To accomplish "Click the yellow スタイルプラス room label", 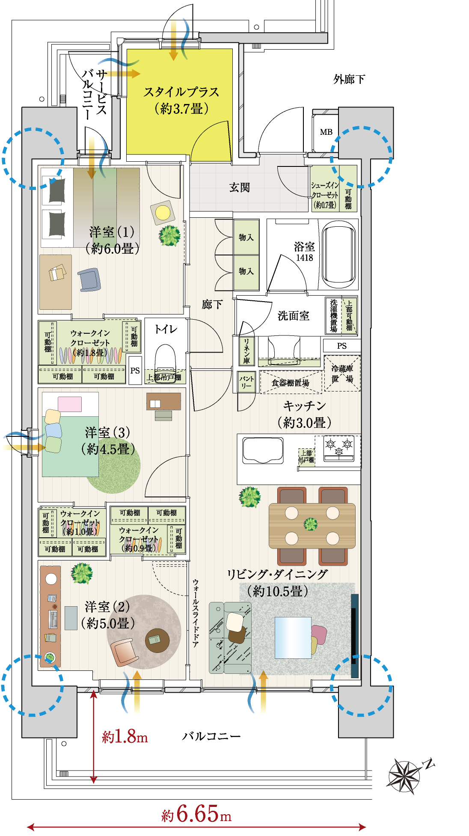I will (181, 100).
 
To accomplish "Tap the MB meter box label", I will (326, 132).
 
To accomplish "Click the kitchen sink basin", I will (263, 451).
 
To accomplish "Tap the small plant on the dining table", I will (311, 524).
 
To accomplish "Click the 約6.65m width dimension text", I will (196, 814).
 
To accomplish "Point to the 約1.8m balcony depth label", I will (125, 737).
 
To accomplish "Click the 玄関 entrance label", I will (239, 187).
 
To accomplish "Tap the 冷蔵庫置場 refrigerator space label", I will (342, 374).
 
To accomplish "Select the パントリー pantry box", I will (246, 382).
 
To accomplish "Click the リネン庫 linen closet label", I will (246, 351).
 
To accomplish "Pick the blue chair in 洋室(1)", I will (89, 280).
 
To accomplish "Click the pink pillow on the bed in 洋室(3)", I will (70, 404).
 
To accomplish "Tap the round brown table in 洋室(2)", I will (157, 640).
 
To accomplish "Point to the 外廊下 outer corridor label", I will (349, 79).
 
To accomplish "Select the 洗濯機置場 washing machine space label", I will (334, 316).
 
